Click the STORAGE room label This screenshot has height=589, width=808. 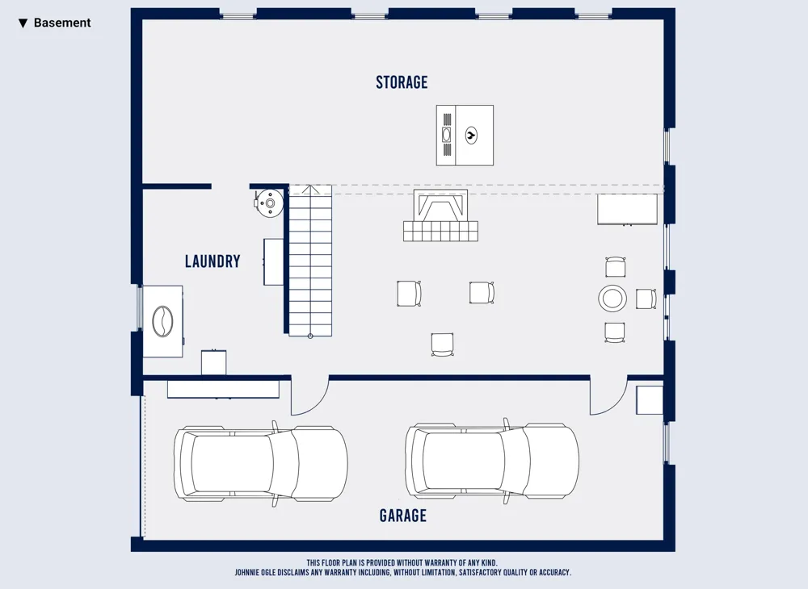402,82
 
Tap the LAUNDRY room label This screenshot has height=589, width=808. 213,261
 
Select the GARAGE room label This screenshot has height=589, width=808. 403,516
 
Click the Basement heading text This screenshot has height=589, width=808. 62,23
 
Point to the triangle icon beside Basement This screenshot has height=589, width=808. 23,23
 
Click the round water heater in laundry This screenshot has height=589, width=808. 269,203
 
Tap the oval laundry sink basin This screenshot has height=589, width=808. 163,321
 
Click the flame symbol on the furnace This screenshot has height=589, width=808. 471,136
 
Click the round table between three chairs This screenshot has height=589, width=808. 612,298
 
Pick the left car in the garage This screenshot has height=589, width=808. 261,463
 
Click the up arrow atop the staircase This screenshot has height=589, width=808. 310,190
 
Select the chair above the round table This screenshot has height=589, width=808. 615,267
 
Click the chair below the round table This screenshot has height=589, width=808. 615,332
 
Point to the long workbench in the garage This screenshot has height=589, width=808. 223,389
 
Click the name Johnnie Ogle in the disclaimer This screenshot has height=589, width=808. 257,572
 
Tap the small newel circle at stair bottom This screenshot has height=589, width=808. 310,336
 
